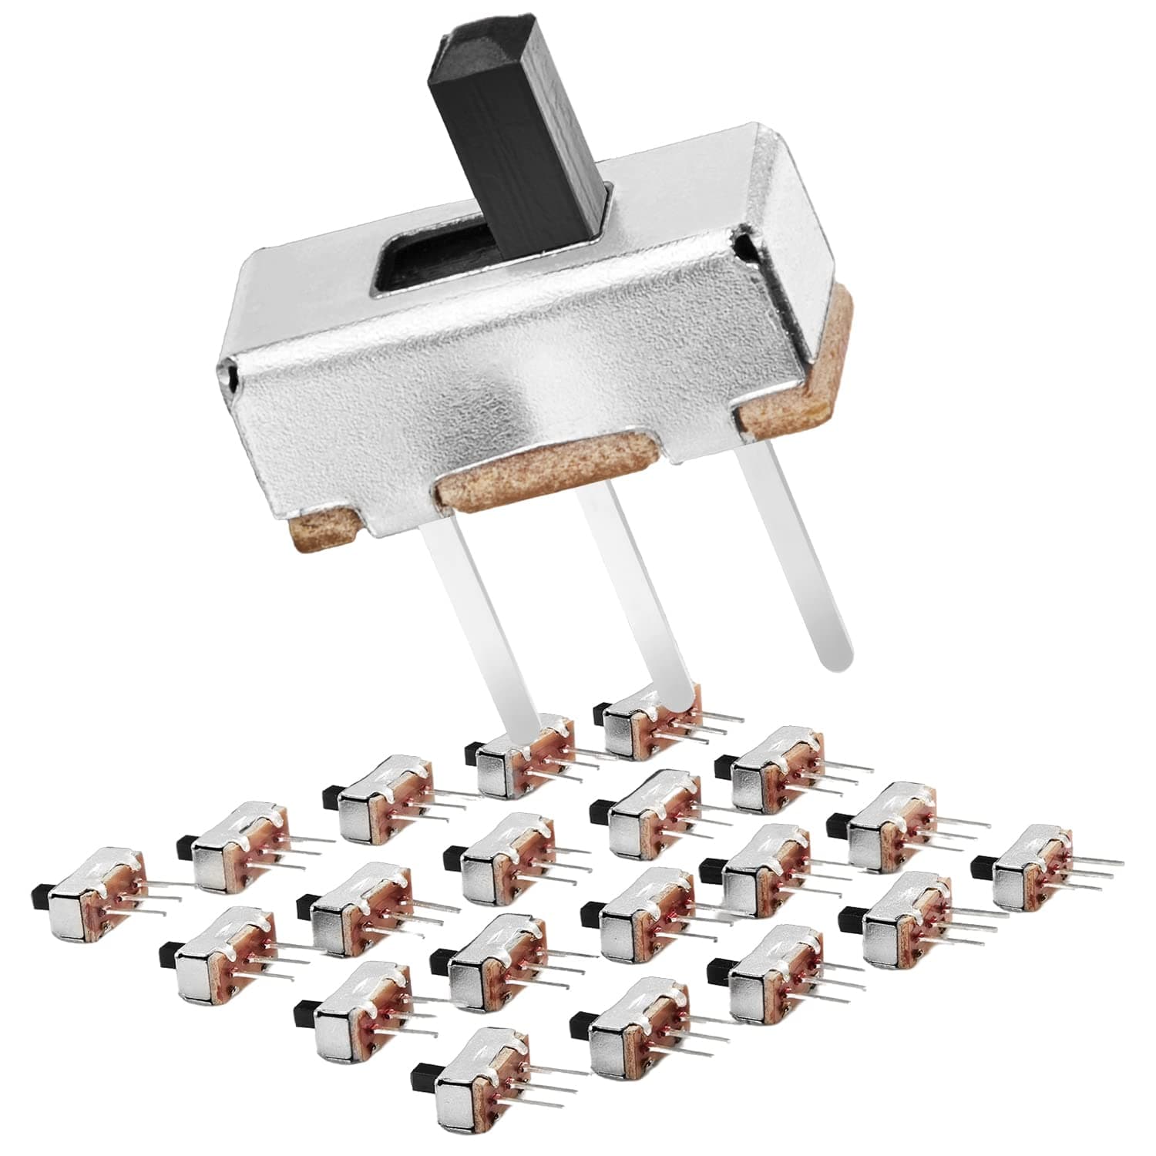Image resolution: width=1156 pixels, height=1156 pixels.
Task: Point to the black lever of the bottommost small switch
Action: (x=423, y=1071)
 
